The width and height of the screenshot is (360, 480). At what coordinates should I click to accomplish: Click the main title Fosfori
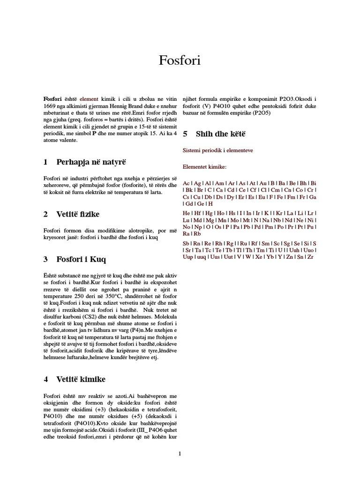(x=180, y=60)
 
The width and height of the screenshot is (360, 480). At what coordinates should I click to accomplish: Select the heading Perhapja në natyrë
(x=91, y=162)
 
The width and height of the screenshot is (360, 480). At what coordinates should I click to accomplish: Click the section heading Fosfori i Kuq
(x=81, y=259)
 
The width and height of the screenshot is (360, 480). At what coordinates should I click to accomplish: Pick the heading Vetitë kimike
(x=81, y=379)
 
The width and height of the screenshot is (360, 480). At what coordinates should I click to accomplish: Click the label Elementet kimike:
(x=204, y=167)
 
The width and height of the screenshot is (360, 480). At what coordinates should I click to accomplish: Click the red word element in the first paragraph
(x=89, y=99)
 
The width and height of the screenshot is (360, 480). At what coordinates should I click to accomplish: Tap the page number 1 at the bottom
(x=180, y=453)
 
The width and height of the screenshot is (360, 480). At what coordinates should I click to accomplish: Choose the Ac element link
(x=186, y=183)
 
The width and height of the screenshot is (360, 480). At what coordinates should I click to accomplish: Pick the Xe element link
(x=258, y=257)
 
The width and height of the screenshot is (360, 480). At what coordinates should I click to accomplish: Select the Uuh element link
(x=295, y=250)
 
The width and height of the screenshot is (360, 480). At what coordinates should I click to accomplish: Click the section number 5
(x=185, y=134)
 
